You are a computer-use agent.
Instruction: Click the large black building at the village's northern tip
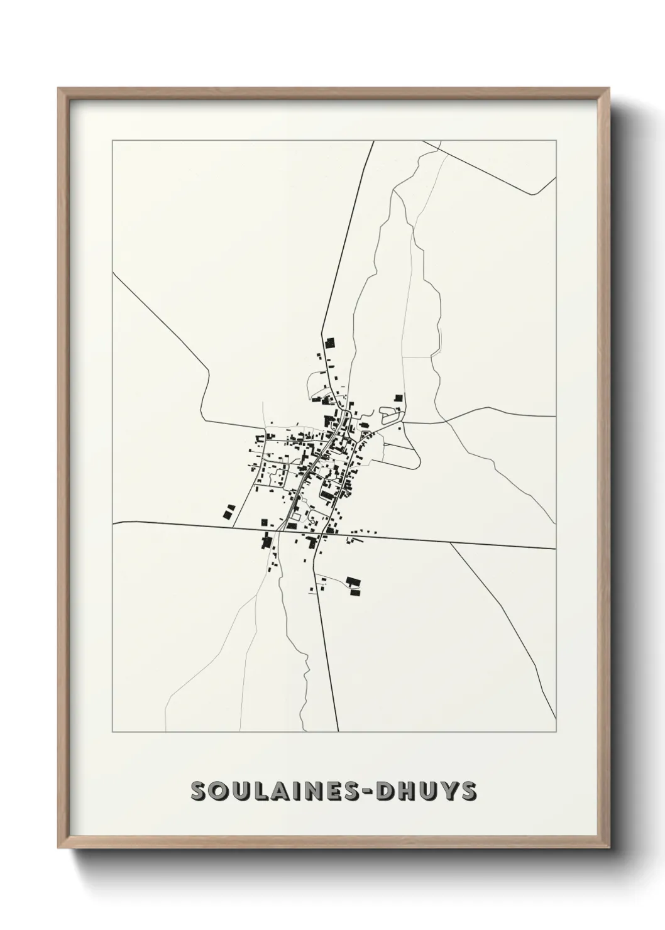coord(330,343)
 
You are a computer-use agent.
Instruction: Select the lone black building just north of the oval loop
coord(398,398)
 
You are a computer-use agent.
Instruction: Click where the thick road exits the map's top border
coord(373,141)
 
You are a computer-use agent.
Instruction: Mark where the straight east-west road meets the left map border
coord(113,522)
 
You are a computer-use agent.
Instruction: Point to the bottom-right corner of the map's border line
coord(556,731)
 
